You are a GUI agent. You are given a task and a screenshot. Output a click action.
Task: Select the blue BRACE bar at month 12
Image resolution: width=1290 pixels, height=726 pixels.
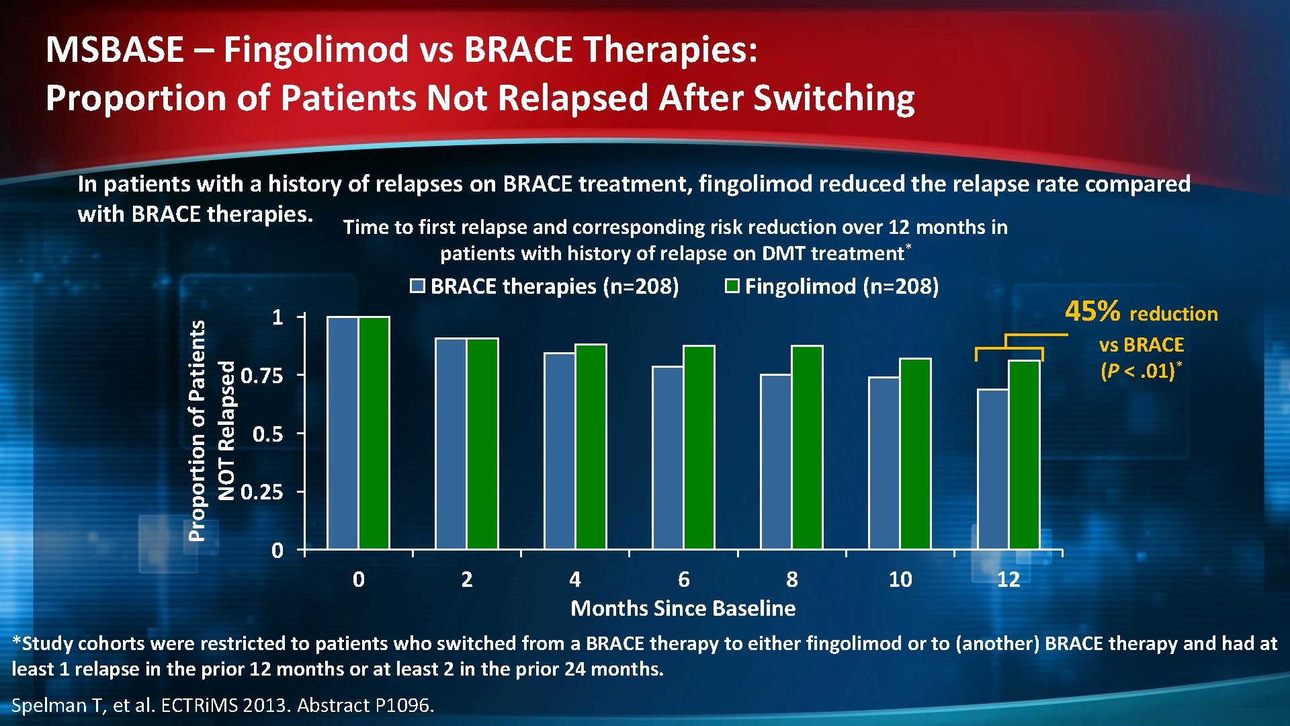[992, 471]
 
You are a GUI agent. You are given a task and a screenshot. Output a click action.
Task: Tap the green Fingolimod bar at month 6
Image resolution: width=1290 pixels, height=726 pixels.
[699, 449]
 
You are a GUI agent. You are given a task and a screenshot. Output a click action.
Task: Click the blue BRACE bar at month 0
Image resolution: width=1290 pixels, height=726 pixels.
[343, 434]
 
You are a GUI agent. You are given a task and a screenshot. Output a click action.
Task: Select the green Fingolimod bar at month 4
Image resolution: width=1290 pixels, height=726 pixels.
[591, 448]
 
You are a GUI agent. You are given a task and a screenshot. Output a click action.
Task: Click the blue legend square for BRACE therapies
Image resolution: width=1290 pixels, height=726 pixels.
[418, 286]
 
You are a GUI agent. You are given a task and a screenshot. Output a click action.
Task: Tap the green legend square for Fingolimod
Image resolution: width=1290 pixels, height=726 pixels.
[732, 286]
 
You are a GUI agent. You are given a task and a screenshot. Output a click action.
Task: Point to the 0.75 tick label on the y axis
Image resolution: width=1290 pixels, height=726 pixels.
[262, 376]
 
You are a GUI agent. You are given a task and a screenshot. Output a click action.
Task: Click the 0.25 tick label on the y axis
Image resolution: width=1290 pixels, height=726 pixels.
[262, 493]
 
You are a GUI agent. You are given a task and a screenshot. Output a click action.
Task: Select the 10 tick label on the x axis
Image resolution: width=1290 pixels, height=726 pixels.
[900, 579]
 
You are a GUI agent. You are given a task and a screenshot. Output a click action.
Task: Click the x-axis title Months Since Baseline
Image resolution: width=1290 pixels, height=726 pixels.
[683, 608]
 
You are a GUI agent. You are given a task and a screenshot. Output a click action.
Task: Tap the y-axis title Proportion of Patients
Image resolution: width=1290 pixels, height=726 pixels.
[197, 430]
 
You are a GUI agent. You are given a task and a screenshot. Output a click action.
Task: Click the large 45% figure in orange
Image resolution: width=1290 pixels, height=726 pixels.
[1092, 311]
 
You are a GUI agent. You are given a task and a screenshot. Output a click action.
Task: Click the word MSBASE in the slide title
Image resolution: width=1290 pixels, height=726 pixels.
[115, 50]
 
